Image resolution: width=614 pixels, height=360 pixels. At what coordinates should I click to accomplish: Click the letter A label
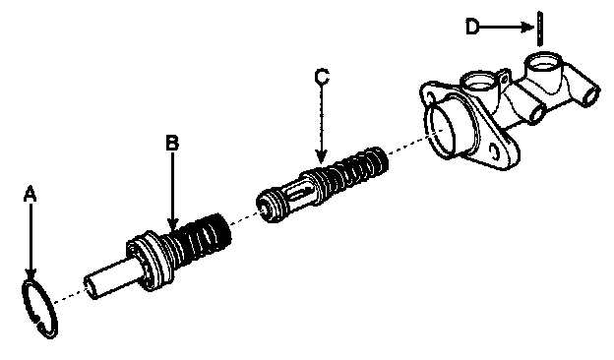31,195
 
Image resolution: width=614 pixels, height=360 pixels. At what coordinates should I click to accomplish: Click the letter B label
172,144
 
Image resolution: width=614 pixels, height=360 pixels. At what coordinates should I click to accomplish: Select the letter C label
322,77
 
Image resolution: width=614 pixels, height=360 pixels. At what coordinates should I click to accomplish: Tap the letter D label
472,27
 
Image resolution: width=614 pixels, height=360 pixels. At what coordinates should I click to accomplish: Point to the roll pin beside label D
540,29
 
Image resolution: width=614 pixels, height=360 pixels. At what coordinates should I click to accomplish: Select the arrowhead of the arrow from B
172,223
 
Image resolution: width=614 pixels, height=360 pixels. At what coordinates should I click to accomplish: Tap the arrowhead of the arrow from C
322,156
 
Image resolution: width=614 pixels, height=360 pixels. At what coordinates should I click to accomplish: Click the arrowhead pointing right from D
528,27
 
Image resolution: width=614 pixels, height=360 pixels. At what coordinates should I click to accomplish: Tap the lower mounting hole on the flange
495,152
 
